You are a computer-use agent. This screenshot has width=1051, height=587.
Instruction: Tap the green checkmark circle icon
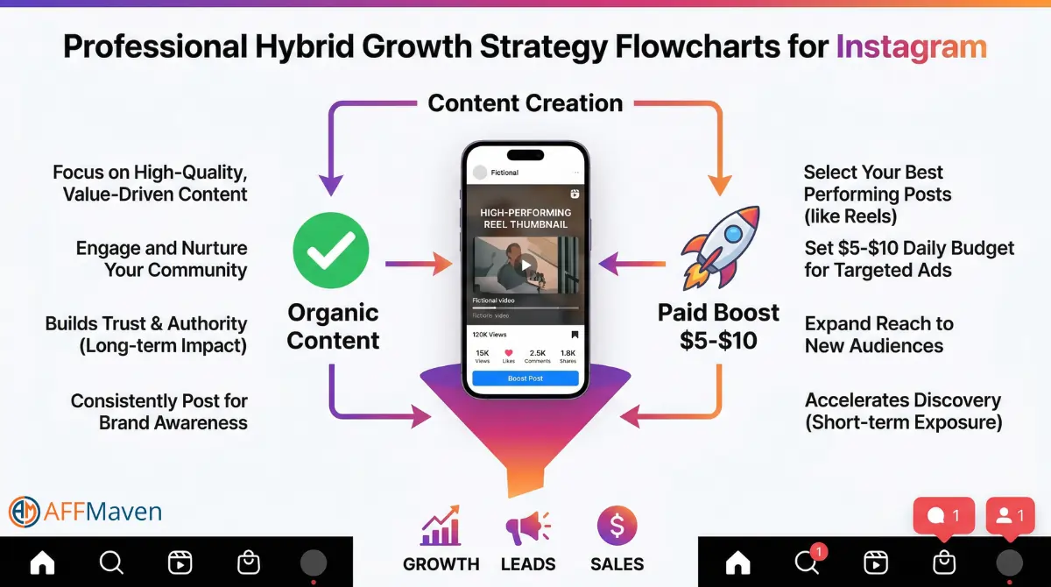(x=331, y=250)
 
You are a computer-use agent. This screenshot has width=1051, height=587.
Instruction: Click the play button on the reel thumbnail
(x=525, y=265)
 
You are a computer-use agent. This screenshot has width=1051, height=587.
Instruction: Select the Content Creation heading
(x=525, y=103)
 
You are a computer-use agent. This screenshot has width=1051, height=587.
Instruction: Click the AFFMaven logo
(x=85, y=511)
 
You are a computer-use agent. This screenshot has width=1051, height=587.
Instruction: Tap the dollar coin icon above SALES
(x=617, y=527)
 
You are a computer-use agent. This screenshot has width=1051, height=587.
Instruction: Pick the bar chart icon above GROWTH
(x=441, y=527)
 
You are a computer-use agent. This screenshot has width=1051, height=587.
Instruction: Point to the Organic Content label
(x=333, y=326)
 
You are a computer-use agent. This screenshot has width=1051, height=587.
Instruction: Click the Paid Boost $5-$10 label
(x=718, y=326)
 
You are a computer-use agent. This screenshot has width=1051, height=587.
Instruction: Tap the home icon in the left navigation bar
(x=42, y=562)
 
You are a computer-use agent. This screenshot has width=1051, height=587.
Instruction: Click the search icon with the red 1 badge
(x=807, y=562)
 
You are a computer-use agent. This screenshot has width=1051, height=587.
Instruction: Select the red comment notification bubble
(x=943, y=516)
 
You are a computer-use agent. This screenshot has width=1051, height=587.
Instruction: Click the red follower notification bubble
(x=1010, y=516)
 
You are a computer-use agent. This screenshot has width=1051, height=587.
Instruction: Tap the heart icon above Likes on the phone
(x=509, y=352)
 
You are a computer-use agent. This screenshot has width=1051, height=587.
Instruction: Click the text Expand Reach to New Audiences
(x=878, y=334)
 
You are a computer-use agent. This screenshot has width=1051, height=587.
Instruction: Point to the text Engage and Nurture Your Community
(x=162, y=258)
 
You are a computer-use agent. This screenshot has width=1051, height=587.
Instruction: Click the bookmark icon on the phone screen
(x=575, y=335)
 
